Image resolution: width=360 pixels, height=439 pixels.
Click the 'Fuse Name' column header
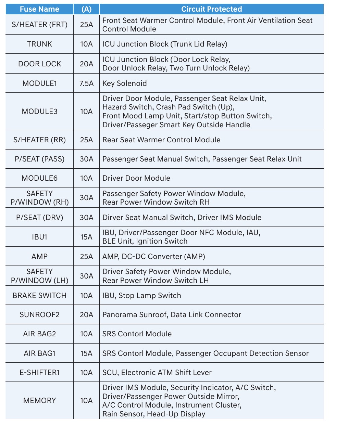pos(39,9)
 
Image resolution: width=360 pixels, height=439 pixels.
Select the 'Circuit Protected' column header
pos(211,9)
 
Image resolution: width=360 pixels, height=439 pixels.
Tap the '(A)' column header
pos(86,9)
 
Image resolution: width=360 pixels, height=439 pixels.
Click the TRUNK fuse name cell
pos(39,44)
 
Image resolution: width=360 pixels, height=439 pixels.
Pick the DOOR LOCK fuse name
pos(39,64)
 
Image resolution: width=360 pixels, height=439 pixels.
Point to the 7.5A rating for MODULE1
pos(86,83)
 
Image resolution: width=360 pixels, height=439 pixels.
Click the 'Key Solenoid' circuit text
pos(125,83)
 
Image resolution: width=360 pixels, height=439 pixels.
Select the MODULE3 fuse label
pos(39,112)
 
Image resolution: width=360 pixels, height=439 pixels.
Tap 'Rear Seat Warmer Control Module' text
pos(161,140)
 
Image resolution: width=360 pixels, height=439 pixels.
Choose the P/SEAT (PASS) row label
pos(39,159)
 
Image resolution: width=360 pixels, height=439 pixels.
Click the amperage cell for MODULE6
pos(86,178)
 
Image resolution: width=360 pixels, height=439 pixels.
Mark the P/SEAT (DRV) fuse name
pos(39,218)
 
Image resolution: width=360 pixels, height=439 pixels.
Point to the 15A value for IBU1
pos(86,237)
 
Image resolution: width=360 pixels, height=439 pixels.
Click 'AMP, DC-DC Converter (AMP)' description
pos(154,257)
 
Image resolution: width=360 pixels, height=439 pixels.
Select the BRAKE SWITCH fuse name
pos(39,296)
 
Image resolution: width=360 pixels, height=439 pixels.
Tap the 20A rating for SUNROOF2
pos(86,315)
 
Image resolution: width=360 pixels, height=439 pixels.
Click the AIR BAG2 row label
pos(39,334)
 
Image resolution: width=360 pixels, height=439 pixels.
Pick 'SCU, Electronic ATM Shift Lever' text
pos(157,373)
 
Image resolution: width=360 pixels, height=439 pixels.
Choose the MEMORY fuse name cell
pos(39,401)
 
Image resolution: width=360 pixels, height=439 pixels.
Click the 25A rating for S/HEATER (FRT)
pos(86,25)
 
